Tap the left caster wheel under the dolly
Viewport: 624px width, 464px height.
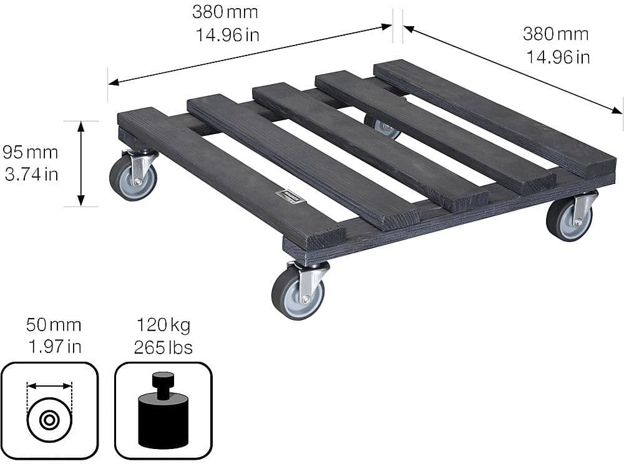point(132,178)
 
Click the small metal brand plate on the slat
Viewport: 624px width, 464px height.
point(291,196)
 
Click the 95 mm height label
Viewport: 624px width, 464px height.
point(30,152)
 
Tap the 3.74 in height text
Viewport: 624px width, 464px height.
point(31,175)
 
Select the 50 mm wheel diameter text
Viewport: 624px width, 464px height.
point(54,325)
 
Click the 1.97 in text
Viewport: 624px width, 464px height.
point(54,347)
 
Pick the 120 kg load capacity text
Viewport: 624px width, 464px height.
point(163,326)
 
